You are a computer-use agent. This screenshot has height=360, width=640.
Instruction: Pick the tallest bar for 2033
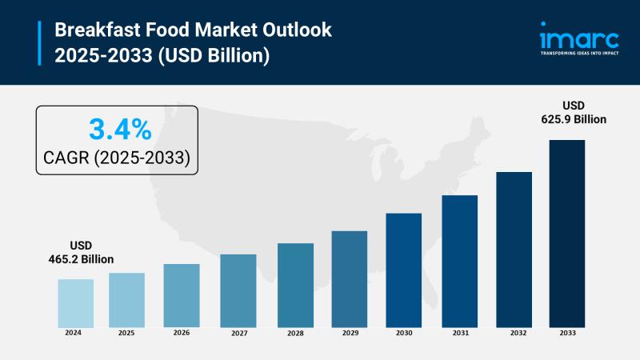tap(566, 233)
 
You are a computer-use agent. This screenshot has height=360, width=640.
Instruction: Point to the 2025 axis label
tap(126, 333)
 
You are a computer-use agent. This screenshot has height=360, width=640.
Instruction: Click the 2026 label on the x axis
tap(182, 333)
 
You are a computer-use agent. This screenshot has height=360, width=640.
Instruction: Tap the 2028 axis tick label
tap(295, 333)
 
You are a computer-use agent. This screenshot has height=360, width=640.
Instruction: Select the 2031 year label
tap(459, 333)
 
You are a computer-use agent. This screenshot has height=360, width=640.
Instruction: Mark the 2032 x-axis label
tap(514, 333)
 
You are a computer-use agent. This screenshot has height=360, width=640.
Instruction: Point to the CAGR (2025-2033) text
tap(117, 158)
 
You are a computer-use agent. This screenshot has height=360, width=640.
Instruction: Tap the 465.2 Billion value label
tap(82, 260)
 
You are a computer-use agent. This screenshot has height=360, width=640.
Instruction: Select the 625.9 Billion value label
tap(573, 119)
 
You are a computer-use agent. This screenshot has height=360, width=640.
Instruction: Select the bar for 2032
tap(514, 249)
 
